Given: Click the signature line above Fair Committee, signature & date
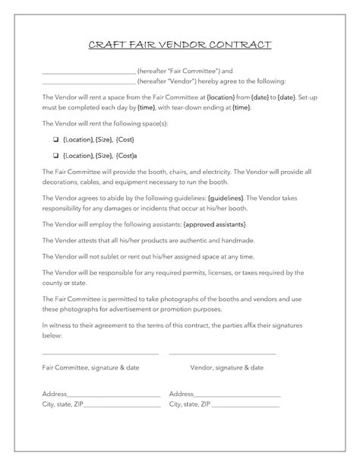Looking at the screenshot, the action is (x=100, y=355).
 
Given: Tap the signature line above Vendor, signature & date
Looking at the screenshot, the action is (x=222, y=355).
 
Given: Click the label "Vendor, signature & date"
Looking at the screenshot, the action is (x=226, y=367).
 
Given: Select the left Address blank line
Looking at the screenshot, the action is (x=114, y=396).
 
